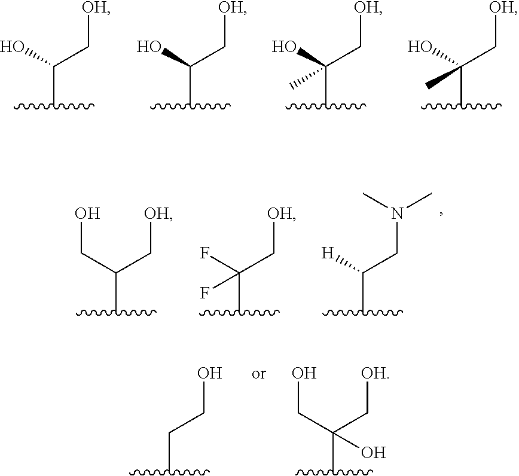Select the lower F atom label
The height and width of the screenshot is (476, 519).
tap(204, 294)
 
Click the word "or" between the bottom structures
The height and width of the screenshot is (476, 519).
tap(259, 374)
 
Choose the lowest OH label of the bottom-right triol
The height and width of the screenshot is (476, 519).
tap(374, 452)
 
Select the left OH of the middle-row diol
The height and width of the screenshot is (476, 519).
tap(87, 214)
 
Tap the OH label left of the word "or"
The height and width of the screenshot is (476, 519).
tap(209, 374)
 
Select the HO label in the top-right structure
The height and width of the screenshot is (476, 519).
tap(421, 47)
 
